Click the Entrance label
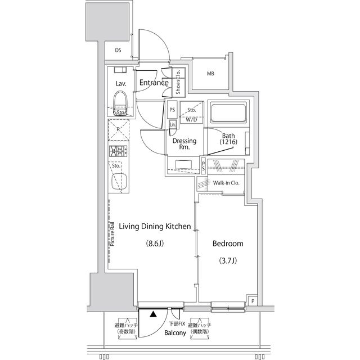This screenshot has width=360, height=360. click(154, 83)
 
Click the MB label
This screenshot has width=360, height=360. click(210, 74)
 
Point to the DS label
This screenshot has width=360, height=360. click(118, 51)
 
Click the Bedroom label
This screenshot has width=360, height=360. click(227, 244)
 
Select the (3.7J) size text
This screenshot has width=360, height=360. click(227, 261)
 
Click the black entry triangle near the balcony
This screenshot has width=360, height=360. click(154, 315)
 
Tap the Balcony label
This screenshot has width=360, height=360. click(175, 333)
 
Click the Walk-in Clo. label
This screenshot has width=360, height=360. click(226, 183)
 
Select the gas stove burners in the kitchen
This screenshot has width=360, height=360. click(119, 151)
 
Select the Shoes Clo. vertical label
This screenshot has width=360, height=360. click(178, 83)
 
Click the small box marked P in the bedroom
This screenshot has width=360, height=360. click(253, 301)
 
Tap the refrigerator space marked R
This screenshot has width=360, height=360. click(118, 129)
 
